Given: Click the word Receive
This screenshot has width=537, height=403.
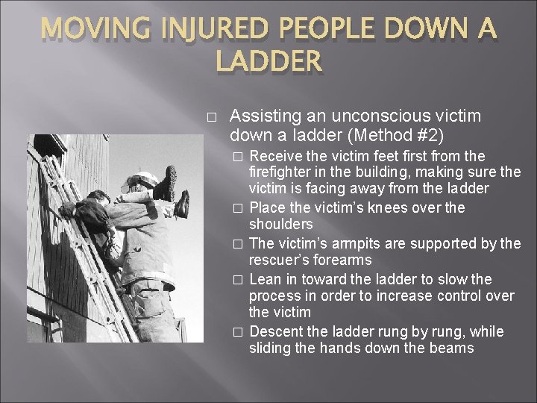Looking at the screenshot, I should point(277,156).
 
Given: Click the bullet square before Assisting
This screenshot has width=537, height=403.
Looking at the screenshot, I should point(212,118).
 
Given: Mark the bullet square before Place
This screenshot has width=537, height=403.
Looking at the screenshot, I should point(238,208).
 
